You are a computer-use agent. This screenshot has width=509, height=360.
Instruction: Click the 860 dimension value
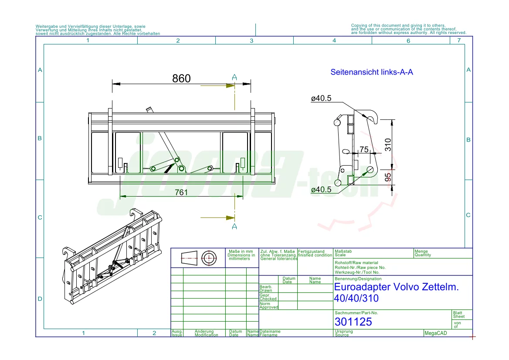(181, 78)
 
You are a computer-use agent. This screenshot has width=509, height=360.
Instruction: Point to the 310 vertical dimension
(388, 144)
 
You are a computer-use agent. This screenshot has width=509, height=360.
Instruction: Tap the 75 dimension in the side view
(363, 149)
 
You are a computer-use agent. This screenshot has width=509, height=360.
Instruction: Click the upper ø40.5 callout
(321, 98)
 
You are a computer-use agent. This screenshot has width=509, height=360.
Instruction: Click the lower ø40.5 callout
(321, 190)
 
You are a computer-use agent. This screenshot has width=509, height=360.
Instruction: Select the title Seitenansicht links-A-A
(371, 72)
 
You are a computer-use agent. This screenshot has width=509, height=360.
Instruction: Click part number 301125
(353, 322)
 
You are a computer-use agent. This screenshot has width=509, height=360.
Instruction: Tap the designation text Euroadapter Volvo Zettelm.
(396, 287)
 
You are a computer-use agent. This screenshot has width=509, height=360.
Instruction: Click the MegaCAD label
(436, 333)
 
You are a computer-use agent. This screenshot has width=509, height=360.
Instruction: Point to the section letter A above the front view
(234, 78)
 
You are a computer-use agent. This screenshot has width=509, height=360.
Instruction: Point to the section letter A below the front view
(234, 226)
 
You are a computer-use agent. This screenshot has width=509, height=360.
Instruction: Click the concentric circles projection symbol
(209, 258)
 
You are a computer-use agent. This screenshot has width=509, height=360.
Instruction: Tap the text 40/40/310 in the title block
(356, 299)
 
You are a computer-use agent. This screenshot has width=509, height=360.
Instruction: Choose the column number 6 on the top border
(408, 41)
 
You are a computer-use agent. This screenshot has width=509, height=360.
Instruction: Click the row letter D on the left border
(40, 299)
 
